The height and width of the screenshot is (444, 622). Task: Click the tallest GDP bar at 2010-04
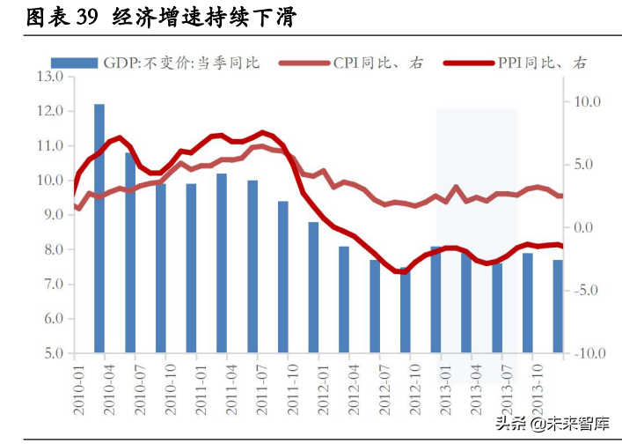tap(99, 229)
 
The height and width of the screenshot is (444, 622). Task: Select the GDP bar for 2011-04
tap(222, 263)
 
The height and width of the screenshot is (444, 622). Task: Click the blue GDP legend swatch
tap(74, 63)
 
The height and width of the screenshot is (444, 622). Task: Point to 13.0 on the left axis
tap(50, 78)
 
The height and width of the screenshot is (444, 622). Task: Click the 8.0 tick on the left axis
tap(50, 250)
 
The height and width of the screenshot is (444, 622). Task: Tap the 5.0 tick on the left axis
tap(50, 354)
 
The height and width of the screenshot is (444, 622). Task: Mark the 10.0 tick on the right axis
tap(586, 102)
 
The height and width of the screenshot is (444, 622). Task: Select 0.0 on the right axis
tap(586, 228)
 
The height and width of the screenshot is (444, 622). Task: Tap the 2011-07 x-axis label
tap(261, 387)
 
